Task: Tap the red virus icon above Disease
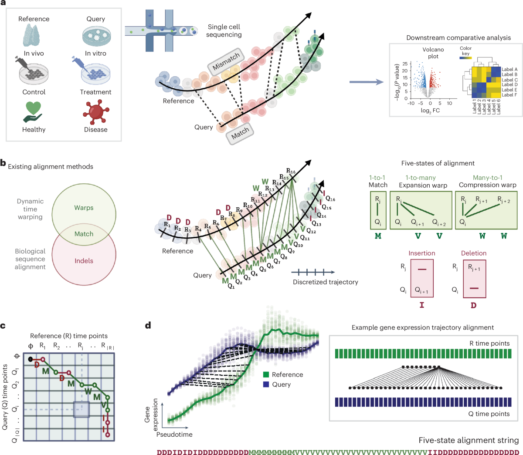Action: [x=95, y=111]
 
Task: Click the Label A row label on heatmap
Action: [x=509, y=69]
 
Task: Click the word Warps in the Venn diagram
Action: [x=84, y=208]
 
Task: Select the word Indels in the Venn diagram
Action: [x=84, y=261]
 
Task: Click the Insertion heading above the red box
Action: [x=421, y=253]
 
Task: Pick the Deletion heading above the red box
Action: [x=473, y=253]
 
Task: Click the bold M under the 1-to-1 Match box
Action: [x=378, y=236]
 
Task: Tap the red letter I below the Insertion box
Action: [x=421, y=305]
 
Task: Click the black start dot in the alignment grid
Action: [x=30, y=359]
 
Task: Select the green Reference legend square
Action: [x=266, y=374]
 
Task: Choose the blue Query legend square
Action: [x=266, y=384]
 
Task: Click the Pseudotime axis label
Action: [x=174, y=434]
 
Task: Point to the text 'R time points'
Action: [x=489, y=343]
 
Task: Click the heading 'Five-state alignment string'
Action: [x=469, y=440]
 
